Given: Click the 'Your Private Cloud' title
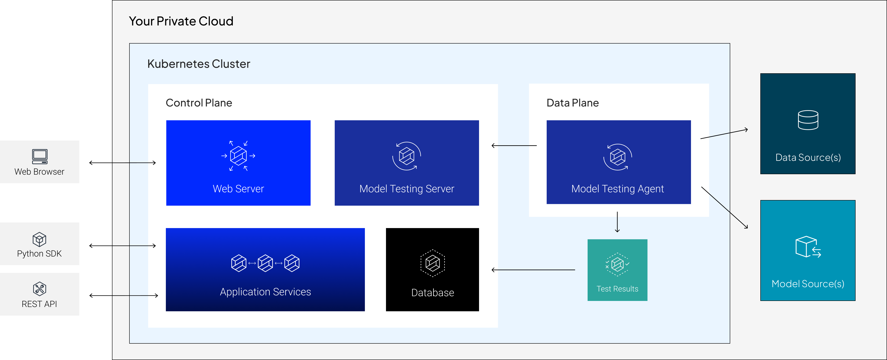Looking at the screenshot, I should click(x=181, y=21).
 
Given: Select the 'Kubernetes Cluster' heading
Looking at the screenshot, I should click(x=199, y=64).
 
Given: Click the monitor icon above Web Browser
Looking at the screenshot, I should click(x=40, y=157).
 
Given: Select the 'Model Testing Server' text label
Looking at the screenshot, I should click(x=407, y=189).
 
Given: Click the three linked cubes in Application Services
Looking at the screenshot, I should click(x=265, y=263).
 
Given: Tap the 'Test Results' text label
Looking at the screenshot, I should click(x=617, y=289).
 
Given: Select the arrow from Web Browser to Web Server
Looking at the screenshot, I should click(x=134, y=163).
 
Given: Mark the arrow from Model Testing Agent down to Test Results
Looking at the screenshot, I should click(x=617, y=222).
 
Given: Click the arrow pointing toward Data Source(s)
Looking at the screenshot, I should click(x=724, y=134).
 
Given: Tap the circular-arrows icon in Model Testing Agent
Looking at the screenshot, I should click(x=617, y=157).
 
